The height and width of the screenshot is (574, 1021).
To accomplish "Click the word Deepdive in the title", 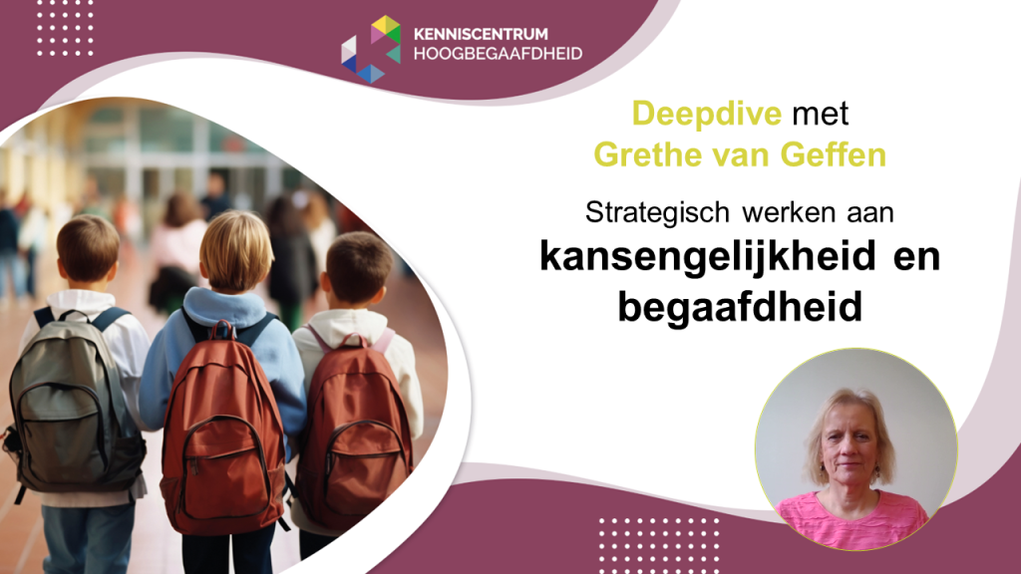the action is pos(707,115).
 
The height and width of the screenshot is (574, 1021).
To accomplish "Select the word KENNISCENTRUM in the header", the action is pos(481,34).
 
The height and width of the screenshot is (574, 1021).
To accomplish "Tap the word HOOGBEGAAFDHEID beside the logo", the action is pos(499,54).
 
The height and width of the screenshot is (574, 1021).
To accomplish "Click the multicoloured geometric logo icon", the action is pos(371,50).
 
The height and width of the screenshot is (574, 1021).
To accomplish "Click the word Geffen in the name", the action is pos(833,154).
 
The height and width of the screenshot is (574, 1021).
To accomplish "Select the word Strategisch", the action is pos(657,213).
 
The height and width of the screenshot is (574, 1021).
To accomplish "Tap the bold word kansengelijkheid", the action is pos(708,256).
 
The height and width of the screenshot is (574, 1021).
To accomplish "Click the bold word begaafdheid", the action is pos(740,306).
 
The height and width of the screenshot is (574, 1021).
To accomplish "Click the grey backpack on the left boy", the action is pos(75,405).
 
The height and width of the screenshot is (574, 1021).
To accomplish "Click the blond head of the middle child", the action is pos(235,251).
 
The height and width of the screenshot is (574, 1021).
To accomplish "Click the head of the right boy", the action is pos(358,268).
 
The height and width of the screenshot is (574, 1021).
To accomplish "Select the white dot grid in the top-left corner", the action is pos(65,29).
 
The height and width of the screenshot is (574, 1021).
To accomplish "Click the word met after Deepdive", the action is pos(821,115).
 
